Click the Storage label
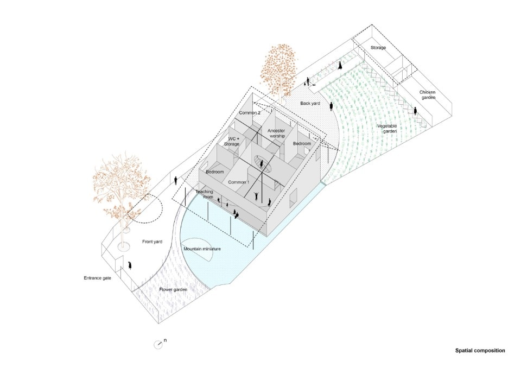(378, 48)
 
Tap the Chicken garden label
(427, 95)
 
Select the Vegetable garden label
(387, 129)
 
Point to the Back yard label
(310, 103)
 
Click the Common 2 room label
(250, 113)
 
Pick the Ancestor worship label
(276, 134)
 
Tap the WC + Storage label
(232, 141)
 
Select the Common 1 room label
(239, 182)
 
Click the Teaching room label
(204, 194)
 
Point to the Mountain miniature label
(202, 249)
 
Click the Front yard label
(152, 242)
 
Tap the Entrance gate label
(97, 278)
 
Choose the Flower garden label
(173, 289)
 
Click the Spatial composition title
(480, 351)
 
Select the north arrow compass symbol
(158, 345)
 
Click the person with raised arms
(256, 196)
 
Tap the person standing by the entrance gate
(130, 265)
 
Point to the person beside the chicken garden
(415, 111)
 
